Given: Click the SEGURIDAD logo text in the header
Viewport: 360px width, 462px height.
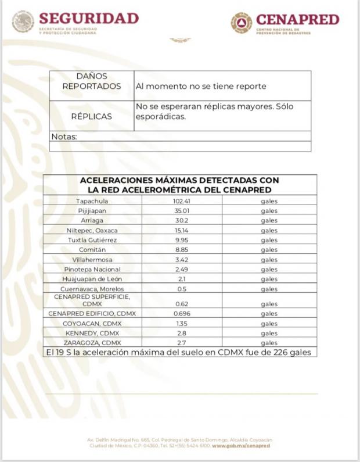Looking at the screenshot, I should tap(89, 19).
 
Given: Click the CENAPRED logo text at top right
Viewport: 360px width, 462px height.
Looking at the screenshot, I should tap(297, 20).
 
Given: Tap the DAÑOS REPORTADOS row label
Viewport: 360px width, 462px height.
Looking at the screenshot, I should tap(92, 81).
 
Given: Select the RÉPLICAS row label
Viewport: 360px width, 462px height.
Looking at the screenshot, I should tap(92, 116).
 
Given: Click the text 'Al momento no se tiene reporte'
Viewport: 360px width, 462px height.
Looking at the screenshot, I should tap(201, 86).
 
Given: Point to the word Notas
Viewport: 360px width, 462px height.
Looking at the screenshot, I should tap(64, 137).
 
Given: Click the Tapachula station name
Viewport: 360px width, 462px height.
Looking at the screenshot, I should tap(92, 201).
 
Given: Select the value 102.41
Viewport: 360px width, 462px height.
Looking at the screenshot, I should tap(182, 201).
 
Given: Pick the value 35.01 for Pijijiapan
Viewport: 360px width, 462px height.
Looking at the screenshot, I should tap(182, 211).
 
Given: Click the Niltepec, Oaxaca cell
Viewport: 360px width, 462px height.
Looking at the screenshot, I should tap(92, 231).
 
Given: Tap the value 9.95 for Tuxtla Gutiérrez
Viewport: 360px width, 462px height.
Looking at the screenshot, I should tap(182, 240).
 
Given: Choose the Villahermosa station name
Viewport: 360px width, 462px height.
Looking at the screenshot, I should tap(92, 260).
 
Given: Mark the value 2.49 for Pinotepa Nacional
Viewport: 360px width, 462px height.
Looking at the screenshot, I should tap(182, 270).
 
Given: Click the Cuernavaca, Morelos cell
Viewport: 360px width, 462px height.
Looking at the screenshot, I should tap(92, 289).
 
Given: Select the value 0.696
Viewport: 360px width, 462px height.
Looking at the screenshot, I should tap(182, 314).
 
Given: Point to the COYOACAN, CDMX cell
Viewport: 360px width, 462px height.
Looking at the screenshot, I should tap(92, 324).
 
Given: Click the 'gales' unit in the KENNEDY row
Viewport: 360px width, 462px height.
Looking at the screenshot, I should tap(269, 334).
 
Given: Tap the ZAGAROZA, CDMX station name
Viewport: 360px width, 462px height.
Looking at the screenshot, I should tap(92, 343).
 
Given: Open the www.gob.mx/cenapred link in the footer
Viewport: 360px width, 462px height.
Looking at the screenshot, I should tap(241, 446).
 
